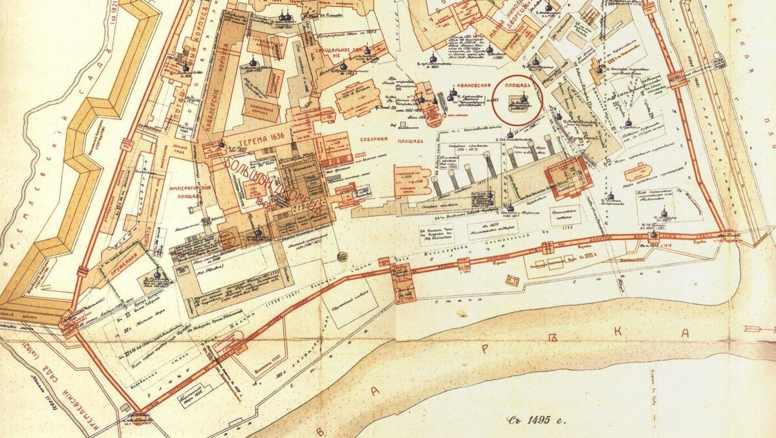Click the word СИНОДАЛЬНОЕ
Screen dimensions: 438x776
point(337,50)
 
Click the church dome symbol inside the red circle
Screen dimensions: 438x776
point(523,98)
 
